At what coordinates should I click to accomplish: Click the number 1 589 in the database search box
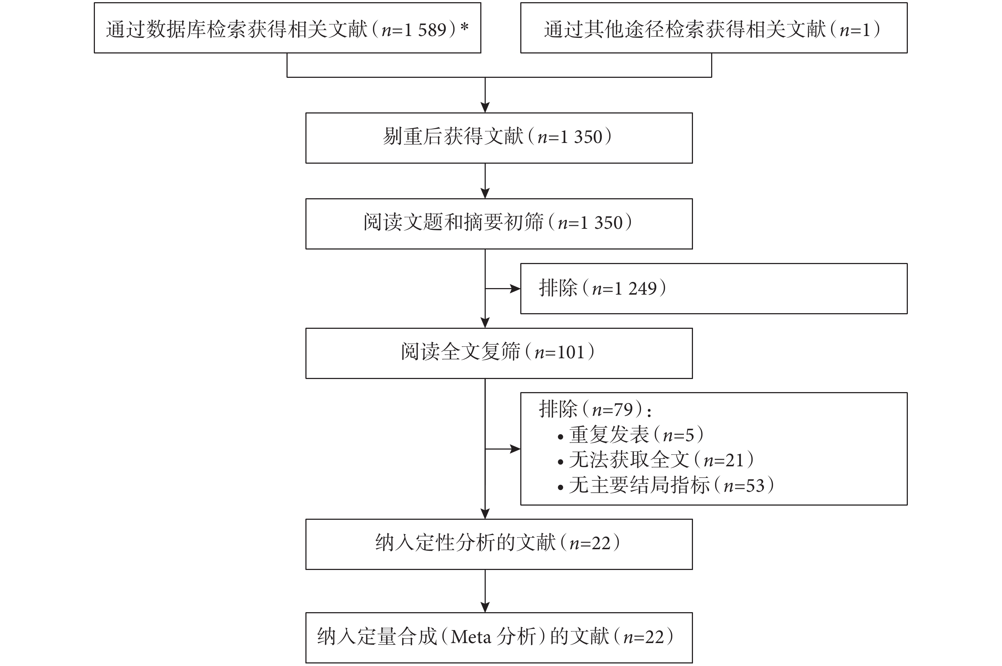click(x=426, y=30)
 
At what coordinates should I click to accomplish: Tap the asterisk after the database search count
click(x=465, y=27)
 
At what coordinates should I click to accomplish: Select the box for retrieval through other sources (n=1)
click(x=714, y=28)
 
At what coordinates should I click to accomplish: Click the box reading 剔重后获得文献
click(x=499, y=138)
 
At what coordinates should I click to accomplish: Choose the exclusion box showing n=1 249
click(x=714, y=288)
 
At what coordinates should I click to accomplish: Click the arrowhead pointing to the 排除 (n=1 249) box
click(x=515, y=289)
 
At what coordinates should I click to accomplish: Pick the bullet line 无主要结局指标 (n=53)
click(x=666, y=485)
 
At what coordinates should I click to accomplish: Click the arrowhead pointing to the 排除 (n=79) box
click(x=515, y=449)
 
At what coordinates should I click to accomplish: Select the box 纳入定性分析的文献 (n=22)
click(x=499, y=544)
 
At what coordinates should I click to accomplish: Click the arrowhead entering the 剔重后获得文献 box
click(x=485, y=107)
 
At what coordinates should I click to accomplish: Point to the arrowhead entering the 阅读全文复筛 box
click(x=485, y=323)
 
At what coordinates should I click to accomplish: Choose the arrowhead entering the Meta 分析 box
click(x=485, y=607)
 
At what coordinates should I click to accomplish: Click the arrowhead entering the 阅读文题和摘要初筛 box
click(x=485, y=193)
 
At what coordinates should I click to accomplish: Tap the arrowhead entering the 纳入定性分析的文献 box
click(x=485, y=514)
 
